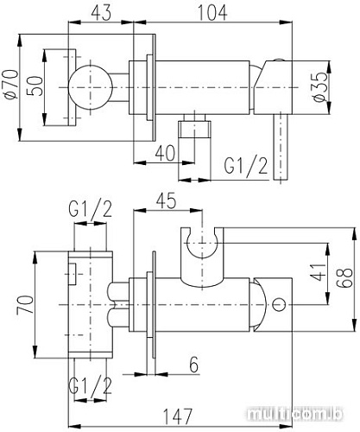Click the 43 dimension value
point(101,13)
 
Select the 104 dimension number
point(211,13)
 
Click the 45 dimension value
point(169,200)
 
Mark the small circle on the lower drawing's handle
point(278,305)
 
